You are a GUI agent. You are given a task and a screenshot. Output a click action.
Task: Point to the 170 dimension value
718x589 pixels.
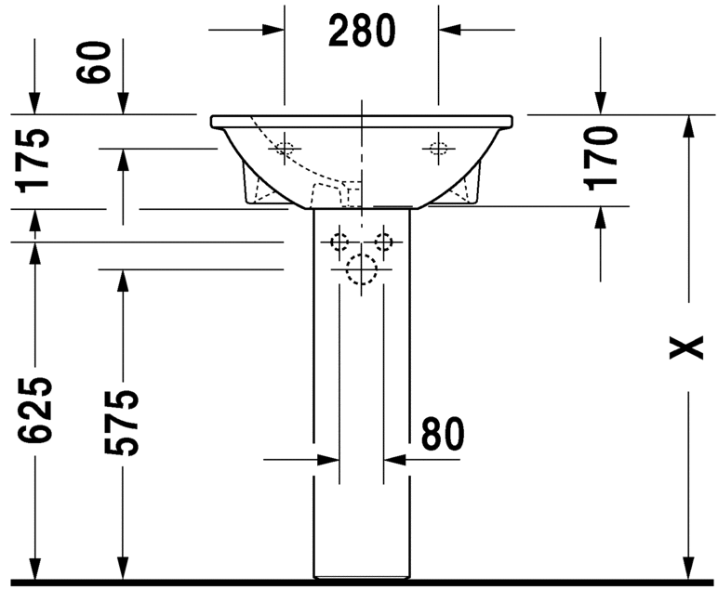(x=602, y=157)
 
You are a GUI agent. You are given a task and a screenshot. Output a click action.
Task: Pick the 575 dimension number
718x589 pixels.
(x=121, y=423)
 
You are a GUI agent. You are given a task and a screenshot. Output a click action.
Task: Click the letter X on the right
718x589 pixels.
(x=687, y=347)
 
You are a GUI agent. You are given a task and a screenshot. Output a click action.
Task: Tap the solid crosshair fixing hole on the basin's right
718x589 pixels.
(x=436, y=148)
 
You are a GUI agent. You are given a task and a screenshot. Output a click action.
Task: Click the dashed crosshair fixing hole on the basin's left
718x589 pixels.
(x=285, y=148)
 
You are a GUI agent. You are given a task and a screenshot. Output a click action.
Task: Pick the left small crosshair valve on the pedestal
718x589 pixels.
(x=339, y=242)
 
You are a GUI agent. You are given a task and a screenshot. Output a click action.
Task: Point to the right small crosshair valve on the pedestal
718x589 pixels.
(x=383, y=242)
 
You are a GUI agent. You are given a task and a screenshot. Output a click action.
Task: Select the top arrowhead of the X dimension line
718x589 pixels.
(x=687, y=127)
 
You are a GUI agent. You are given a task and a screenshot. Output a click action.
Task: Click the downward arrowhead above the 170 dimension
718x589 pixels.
(x=602, y=103)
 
